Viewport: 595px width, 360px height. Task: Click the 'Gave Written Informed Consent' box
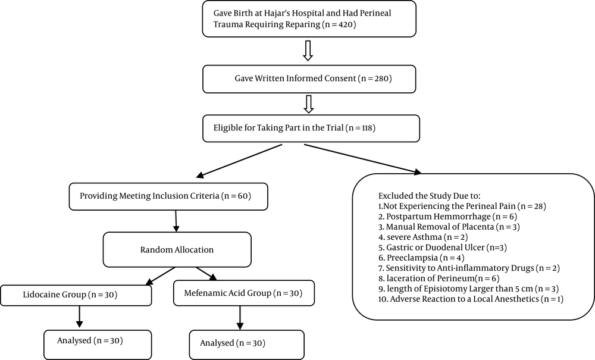[309, 79]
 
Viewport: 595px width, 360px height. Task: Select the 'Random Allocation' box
[177, 249]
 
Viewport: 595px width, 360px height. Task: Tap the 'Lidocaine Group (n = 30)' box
[76, 295]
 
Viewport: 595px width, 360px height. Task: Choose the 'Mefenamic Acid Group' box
[243, 293]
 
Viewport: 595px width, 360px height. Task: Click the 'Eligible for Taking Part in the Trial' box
[311, 128]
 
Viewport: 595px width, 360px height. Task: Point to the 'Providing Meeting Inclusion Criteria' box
[168, 196]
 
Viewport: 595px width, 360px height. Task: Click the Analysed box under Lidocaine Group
[98, 345]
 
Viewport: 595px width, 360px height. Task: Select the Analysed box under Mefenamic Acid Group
[247, 345]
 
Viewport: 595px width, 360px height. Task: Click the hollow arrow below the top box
[308, 51]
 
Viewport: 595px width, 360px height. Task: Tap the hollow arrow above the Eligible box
[309, 104]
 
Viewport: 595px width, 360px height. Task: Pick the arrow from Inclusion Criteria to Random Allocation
[176, 221]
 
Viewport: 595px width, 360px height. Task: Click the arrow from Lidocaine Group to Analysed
[79, 317]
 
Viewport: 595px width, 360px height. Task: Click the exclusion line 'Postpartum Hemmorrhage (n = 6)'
[448, 217]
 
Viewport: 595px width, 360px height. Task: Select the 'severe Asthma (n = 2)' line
[423, 237]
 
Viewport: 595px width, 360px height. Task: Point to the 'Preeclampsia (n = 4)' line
[422, 258]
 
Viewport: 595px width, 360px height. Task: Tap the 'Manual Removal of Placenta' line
[449, 227]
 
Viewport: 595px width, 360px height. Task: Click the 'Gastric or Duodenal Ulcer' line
[443, 248]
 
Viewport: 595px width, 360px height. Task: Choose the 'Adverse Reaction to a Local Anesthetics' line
[471, 299]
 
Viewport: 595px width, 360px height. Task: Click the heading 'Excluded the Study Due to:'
[430, 196]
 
